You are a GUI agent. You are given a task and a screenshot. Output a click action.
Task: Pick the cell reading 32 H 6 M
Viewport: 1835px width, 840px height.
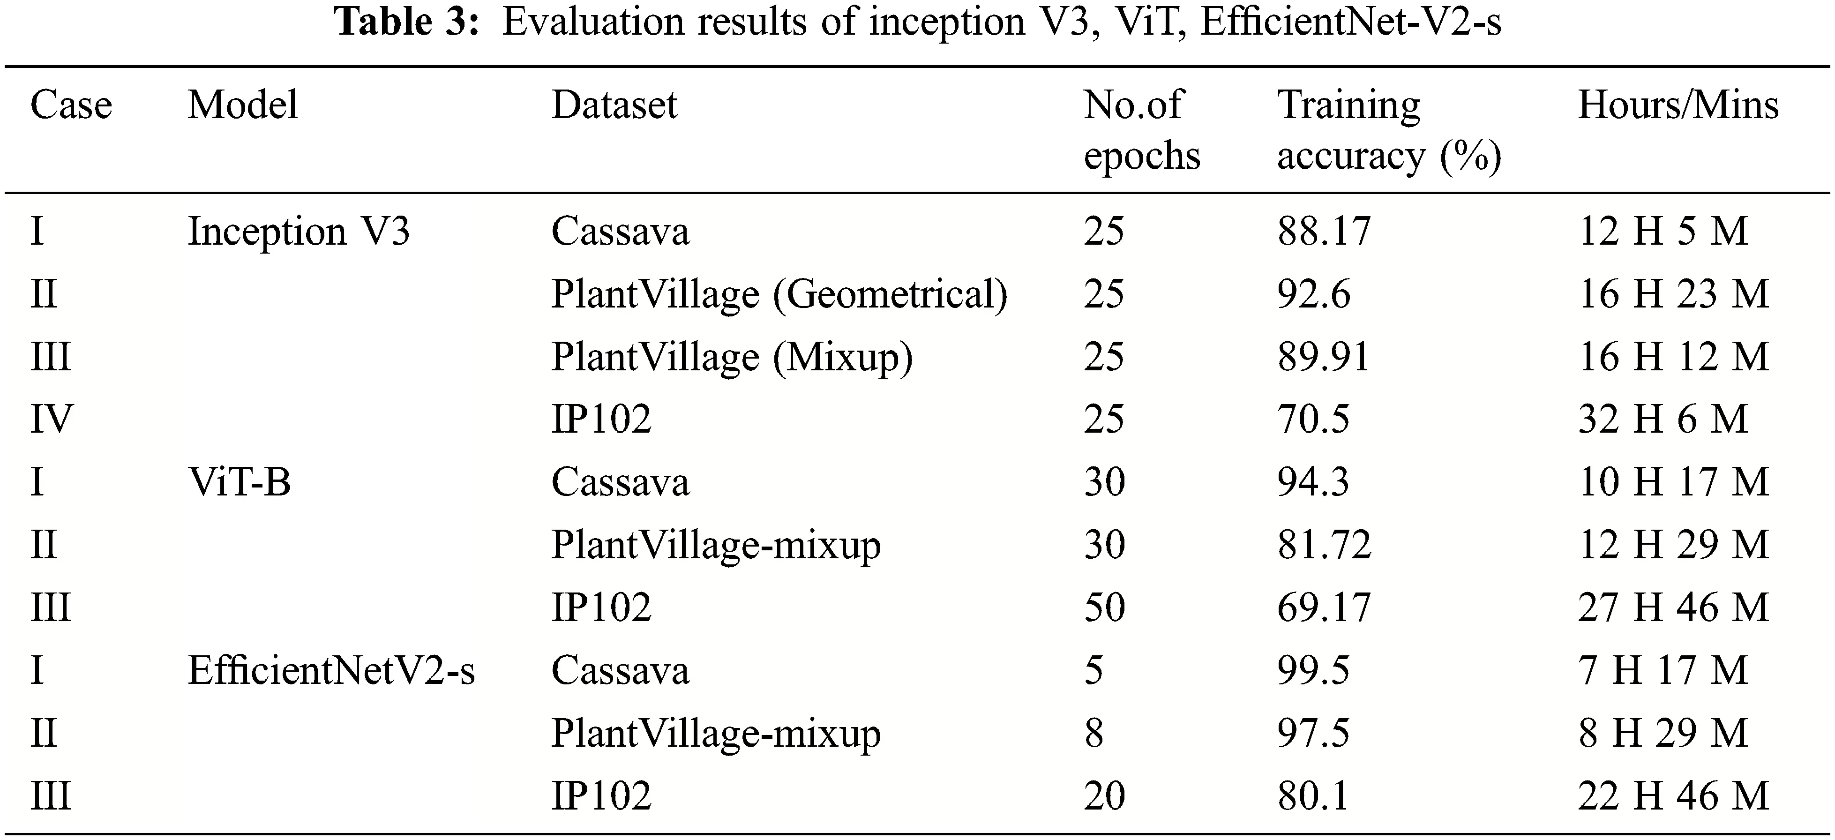click(x=1663, y=419)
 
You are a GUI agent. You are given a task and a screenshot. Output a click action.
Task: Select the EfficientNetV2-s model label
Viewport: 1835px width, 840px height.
click(x=331, y=670)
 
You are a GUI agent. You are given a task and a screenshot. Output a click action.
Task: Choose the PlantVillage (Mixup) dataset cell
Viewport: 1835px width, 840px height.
click(x=732, y=357)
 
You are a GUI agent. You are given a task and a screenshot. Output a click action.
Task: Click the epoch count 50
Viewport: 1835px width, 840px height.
click(x=1104, y=608)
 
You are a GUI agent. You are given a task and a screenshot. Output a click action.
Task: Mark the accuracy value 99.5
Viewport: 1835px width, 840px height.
click(x=1313, y=670)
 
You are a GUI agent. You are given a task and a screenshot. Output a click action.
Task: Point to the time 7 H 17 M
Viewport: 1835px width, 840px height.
click(x=1663, y=670)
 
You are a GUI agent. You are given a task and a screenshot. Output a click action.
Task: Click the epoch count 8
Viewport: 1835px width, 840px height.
click(x=1094, y=733)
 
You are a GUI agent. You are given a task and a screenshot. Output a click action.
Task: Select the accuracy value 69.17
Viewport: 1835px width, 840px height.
click(x=1324, y=608)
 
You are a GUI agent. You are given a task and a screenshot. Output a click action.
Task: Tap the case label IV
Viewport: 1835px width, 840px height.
click(x=51, y=419)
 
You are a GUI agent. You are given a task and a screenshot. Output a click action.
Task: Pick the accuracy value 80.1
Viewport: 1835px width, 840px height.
click(x=1313, y=796)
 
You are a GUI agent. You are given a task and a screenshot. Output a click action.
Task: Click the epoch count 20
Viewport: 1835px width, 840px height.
click(x=1104, y=796)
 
